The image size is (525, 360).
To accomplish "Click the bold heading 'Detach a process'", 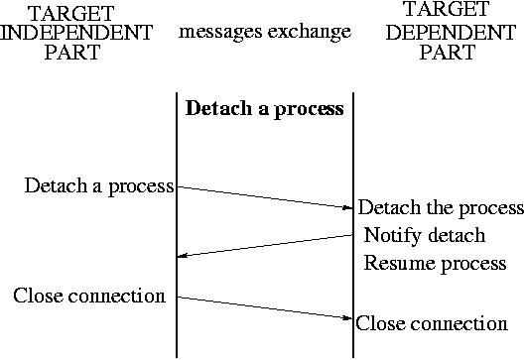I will pyautogui.click(x=265, y=109).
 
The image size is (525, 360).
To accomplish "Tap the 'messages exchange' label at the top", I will pyautogui.click(x=265, y=33).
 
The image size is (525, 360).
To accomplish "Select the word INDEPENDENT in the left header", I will pyautogui.click(x=77, y=33).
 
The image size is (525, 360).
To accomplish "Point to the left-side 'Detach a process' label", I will pyautogui.click(x=99, y=185).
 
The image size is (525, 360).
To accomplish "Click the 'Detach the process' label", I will pyautogui.click(x=441, y=208).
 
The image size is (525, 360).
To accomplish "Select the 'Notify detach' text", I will pyautogui.click(x=425, y=236).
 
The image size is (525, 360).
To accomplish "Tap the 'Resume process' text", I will pyautogui.click(x=436, y=264).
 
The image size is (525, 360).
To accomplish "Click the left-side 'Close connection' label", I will pyautogui.click(x=89, y=296).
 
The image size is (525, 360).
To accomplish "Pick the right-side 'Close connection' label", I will pyautogui.click(x=432, y=323).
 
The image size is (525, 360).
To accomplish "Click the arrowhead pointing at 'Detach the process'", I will pyautogui.click(x=348, y=208).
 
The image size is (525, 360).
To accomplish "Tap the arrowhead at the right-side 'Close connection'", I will pyautogui.click(x=348, y=318).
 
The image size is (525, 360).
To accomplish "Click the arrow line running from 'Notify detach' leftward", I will pyautogui.click(x=266, y=246).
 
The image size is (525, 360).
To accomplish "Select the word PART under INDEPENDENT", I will pyautogui.click(x=72, y=53).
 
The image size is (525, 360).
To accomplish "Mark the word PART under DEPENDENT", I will pyautogui.click(x=448, y=54).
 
